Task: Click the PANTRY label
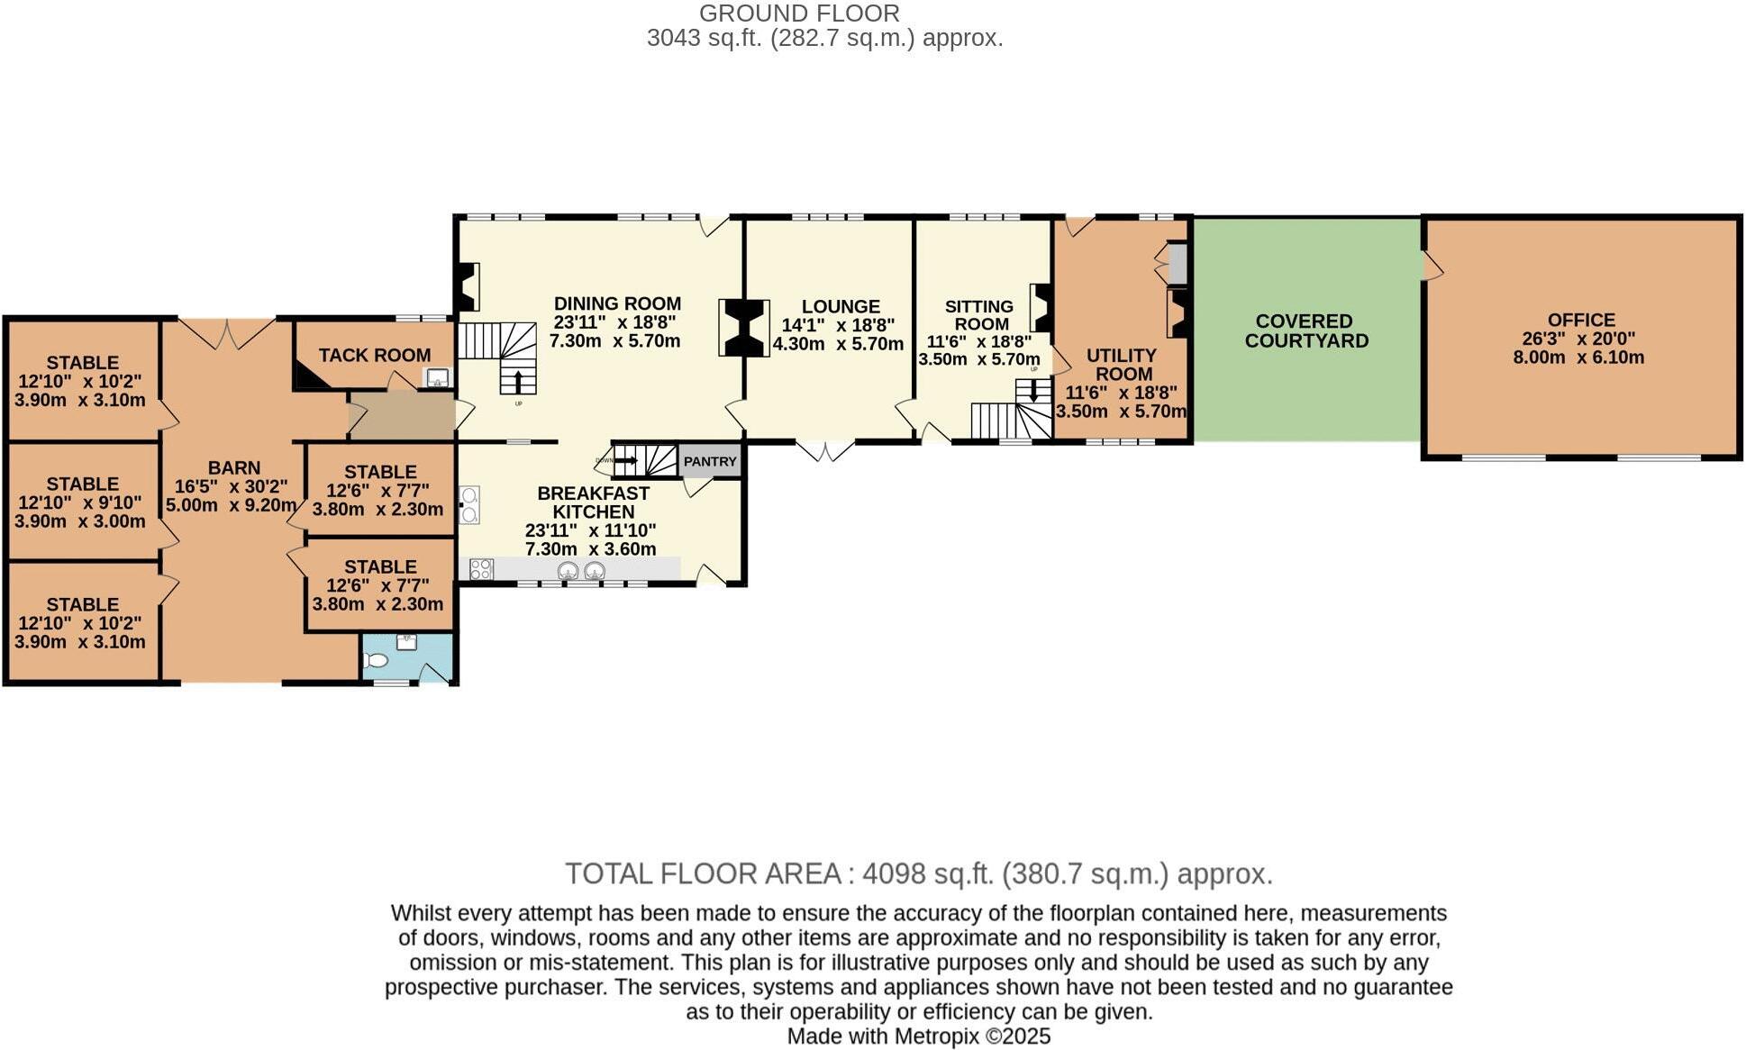710,461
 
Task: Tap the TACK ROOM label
374,355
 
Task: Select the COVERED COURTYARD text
1305,330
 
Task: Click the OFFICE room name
1581,320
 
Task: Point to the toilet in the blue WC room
376,661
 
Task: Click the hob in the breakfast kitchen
481,569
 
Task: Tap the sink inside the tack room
437,378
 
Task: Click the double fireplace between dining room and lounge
744,329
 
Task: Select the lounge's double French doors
824,449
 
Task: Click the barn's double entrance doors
227,332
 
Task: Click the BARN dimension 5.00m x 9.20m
232,505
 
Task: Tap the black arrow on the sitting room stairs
1033,392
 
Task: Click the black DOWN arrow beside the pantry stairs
624,460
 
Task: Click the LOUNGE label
841,307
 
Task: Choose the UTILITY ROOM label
1122,365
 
